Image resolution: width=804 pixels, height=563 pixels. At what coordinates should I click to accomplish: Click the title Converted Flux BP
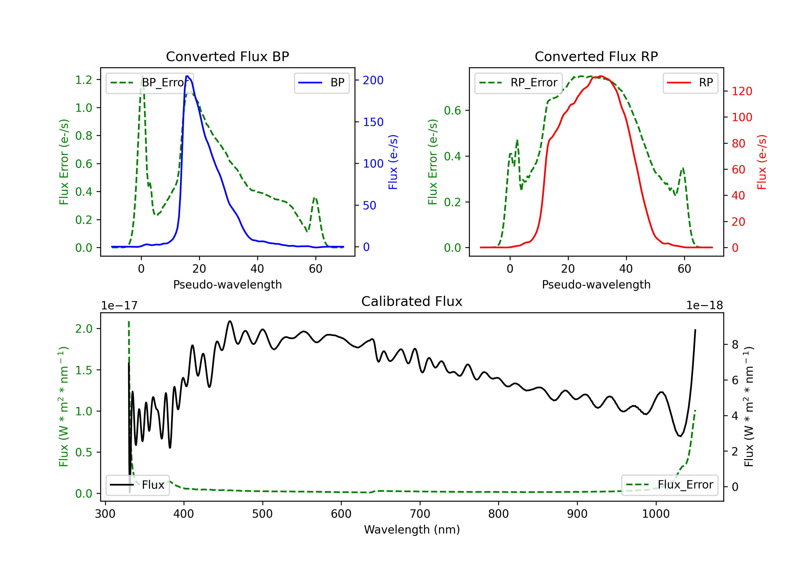pos(227,56)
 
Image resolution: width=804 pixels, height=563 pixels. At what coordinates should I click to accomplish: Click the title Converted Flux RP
pos(596,56)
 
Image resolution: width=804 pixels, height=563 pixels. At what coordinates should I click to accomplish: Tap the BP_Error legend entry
pos(150,83)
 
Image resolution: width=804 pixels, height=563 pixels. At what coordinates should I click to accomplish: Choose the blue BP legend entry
pos(321,83)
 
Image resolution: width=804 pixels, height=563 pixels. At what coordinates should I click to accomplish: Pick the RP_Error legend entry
pos(518,83)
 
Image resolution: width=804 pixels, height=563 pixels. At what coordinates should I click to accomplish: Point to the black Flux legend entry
pos(137,485)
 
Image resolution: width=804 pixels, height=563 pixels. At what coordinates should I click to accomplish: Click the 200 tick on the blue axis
pos(373,80)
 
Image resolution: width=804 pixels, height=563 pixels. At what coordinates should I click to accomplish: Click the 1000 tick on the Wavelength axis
pos(656,514)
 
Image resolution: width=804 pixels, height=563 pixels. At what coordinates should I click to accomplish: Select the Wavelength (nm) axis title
pos(412,530)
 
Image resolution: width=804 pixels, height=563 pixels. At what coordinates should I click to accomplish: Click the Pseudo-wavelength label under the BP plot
pos(227,284)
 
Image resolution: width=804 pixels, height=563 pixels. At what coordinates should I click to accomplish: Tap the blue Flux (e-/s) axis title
pos(393,162)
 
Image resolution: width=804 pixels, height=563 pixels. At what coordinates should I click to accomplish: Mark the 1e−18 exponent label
pos(705,306)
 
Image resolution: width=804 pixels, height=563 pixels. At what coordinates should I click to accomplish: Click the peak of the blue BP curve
pos(187,76)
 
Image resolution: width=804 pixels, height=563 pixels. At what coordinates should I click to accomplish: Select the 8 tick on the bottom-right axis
pos(735,345)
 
